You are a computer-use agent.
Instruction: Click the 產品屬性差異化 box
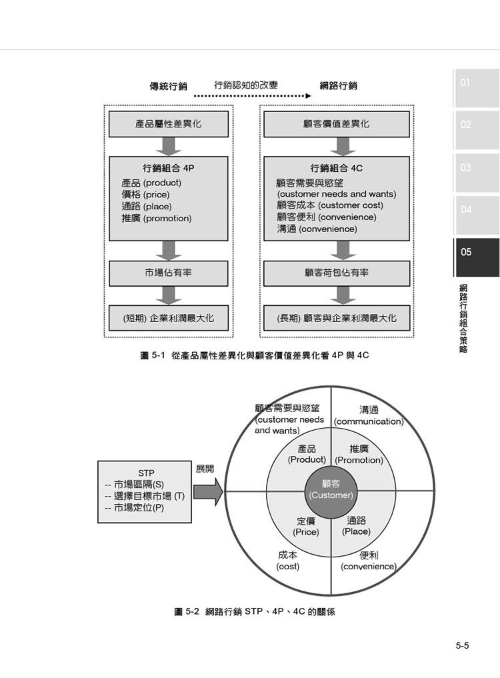(168, 124)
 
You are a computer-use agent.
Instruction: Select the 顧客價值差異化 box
(337, 124)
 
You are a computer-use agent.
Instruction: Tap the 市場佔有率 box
(168, 273)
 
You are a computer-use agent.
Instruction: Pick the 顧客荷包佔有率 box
(337, 273)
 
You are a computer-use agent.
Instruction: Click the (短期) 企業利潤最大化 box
(168, 318)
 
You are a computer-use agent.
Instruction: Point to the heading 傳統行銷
(168, 86)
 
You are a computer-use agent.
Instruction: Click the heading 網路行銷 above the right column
(338, 85)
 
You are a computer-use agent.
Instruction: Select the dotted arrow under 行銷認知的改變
(252, 96)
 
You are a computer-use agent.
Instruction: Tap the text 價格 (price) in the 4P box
(145, 195)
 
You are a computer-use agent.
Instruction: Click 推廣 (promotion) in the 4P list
(156, 219)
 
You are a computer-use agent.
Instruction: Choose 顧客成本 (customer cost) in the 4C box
(330, 205)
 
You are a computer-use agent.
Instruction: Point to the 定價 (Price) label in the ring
(306, 527)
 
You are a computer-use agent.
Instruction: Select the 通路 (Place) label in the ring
(357, 526)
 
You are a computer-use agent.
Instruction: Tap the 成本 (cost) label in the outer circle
(287, 561)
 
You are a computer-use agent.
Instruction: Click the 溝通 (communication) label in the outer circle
(369, 415)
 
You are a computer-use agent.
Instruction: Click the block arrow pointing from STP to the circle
(208, 491)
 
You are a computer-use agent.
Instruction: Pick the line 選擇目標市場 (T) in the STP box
(145, 497)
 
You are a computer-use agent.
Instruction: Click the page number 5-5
(462, 646)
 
